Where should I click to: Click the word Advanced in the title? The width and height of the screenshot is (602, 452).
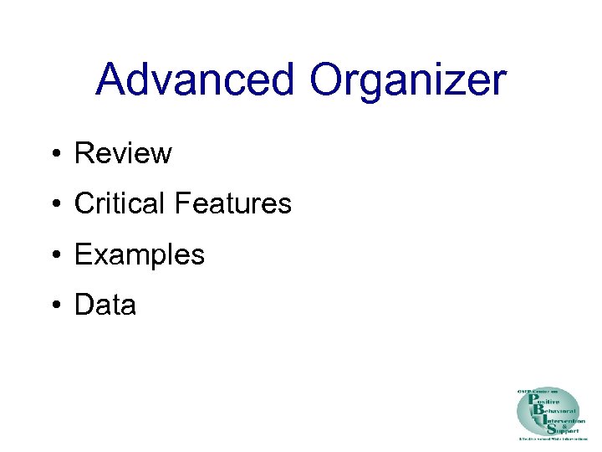pyautogui.click(x=195, y=80)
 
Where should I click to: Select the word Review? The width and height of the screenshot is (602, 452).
pyautogui.click(x=123, y=153)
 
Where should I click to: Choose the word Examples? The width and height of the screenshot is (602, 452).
pyautogui.click(x=139, y=254)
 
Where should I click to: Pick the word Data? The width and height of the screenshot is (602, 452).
pyautogui.click(x=105, y=305)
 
